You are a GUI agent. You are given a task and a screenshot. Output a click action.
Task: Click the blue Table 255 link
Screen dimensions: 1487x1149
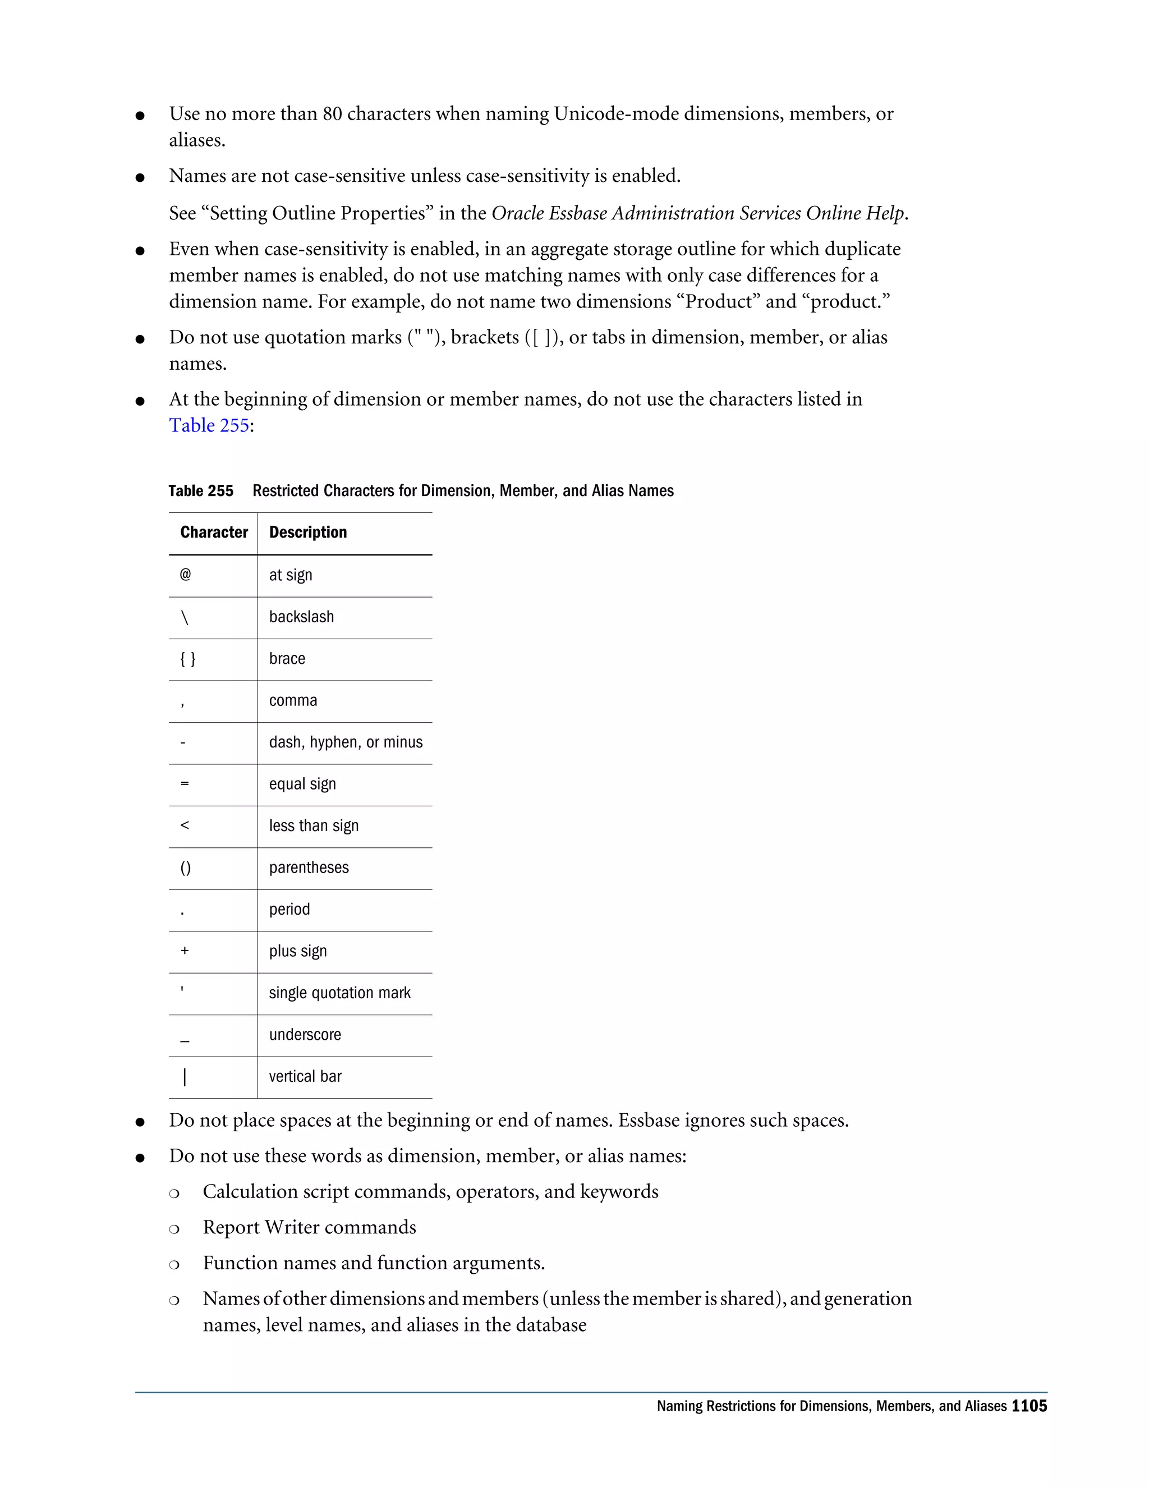click(209, 425)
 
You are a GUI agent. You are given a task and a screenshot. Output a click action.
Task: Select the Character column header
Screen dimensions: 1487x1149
click(214, 533)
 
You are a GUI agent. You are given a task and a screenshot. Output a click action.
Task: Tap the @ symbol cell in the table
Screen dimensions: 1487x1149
click(185, 575)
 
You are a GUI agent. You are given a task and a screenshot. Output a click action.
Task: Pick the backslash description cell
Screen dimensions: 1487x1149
click(301, 617)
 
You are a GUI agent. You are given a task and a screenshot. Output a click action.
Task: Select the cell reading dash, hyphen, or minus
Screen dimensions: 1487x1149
click(345, 742)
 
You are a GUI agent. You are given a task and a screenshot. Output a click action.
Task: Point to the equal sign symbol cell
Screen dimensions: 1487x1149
click(185, 784)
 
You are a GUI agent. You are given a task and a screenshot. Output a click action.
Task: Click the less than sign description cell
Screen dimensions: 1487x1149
click(313, 826)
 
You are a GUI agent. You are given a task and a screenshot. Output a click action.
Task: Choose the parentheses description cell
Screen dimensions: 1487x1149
click(309, 868)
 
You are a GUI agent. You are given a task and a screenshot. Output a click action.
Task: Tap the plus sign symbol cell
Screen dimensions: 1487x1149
click(185, 951)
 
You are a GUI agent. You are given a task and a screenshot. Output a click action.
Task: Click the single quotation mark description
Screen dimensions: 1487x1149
click(339, 993)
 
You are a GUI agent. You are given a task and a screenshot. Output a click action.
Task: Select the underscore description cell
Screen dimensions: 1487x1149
click(305, 1035)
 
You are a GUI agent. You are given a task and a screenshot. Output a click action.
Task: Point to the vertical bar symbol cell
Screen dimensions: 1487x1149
click(185, 1076)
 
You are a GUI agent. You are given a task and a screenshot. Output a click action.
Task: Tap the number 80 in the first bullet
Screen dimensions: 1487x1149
click(332, 114)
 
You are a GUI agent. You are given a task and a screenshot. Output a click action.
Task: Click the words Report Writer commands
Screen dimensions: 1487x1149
click(309, 1228)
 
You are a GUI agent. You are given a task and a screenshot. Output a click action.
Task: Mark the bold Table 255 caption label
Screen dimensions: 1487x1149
click(201, 491)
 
